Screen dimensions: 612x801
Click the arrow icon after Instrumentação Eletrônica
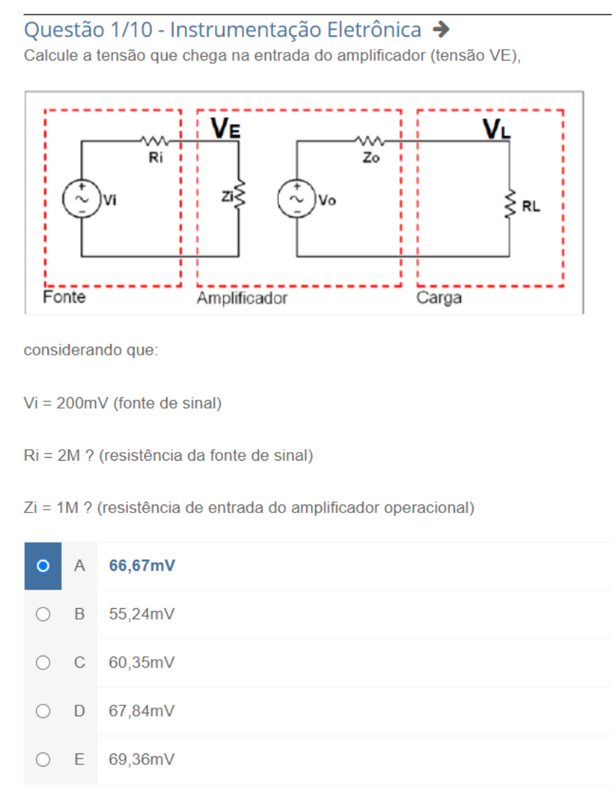[442, 30]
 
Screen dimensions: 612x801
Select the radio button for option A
[43, 566]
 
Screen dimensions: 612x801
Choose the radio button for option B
[43, 615]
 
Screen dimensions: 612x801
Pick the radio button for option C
[43, 663]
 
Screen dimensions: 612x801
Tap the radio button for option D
[43, 711]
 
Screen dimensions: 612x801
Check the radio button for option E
[43, 759]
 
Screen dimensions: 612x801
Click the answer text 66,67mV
[142, 566]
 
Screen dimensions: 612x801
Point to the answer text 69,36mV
[142, 759]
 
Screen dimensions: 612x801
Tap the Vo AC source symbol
[296, 199]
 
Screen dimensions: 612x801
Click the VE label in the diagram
[226, 128]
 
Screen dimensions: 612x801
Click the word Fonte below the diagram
[64, 297]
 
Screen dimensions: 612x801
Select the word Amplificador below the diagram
[242, 298]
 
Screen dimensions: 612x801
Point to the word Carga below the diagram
[439, 298]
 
